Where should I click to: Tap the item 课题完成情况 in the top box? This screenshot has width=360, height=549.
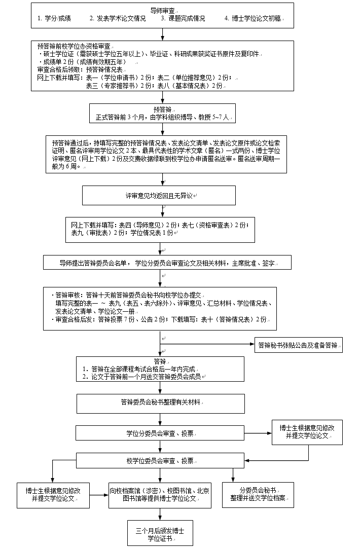(x=183, y=18)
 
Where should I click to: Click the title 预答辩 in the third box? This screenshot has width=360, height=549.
(x=163, y=109)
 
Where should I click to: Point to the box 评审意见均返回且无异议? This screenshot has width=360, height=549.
(x=159, y=195)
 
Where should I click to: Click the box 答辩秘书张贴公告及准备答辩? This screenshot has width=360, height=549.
(x=298, y=345)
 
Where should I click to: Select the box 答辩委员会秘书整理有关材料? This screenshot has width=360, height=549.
(x=160, y=402)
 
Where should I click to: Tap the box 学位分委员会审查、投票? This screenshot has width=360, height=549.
(x=160, y=434)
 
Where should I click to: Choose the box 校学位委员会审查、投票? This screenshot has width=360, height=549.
(x=160, y=460)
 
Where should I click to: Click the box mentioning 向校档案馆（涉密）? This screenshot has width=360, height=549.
(x=160, y=494)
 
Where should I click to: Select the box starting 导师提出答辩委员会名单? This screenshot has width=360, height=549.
(x=167, y=263)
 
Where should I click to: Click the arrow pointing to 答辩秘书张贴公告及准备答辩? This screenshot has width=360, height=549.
(x=248, y=345)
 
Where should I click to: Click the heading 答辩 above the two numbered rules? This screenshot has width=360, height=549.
(x=160, y=361)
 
